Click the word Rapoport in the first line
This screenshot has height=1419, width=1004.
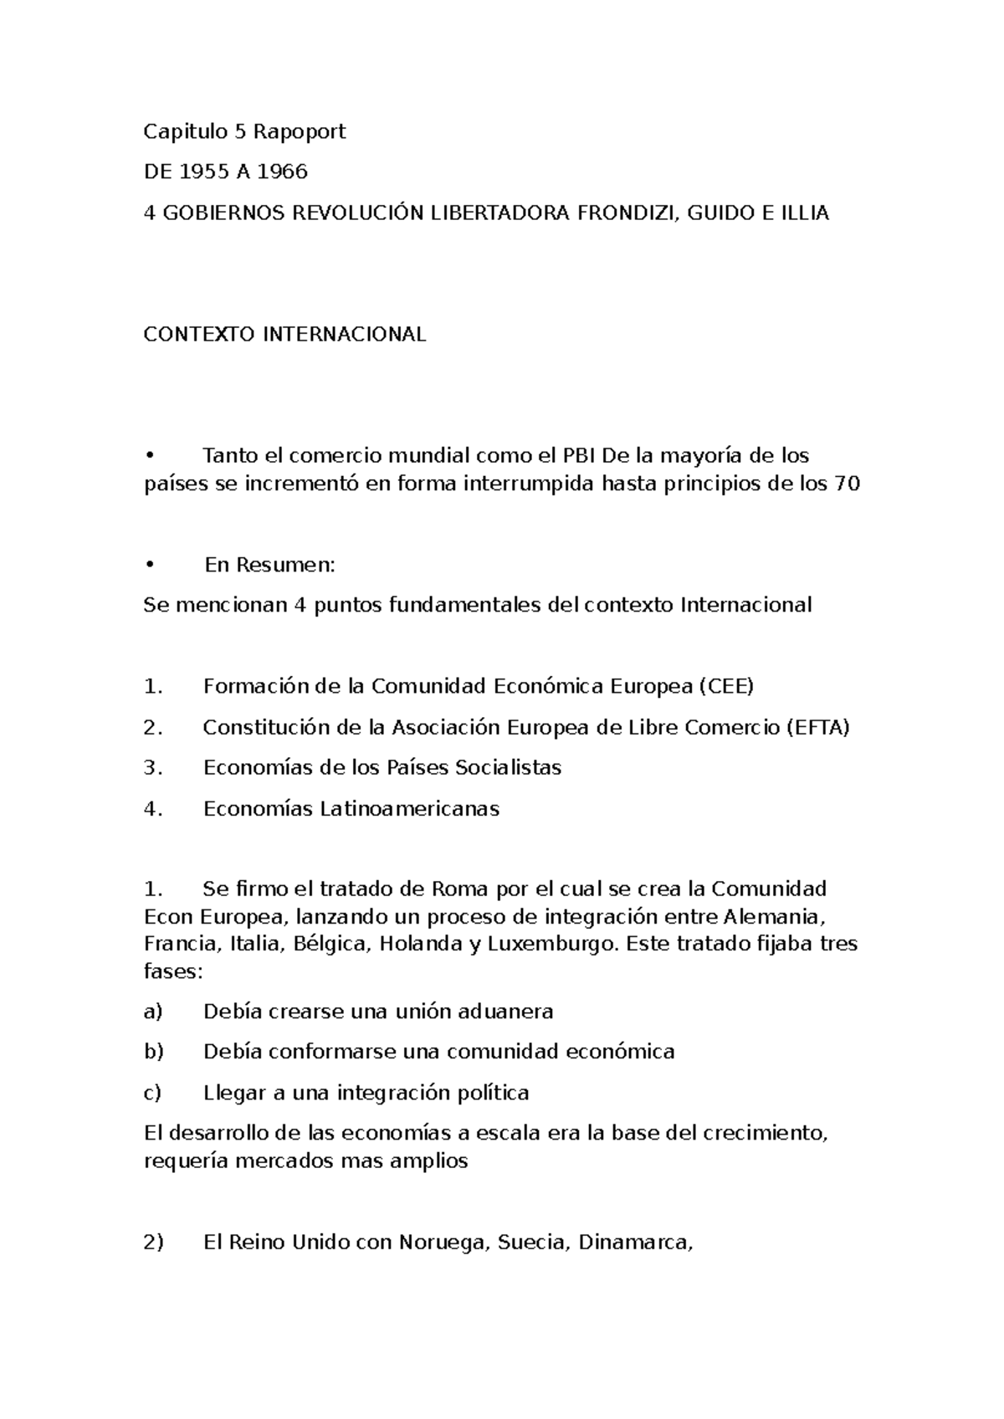coord(300,132)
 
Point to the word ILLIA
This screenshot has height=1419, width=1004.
coord(804,213)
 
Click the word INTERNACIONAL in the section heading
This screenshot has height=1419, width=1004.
coord(345,335)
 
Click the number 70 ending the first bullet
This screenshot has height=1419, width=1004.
coord(847,484)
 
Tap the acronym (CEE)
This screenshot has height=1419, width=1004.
coord(725,687)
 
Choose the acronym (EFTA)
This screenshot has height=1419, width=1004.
coord(818,728)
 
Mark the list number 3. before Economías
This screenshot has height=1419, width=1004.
coord(152,768)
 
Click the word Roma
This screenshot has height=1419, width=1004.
coord(459,889)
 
